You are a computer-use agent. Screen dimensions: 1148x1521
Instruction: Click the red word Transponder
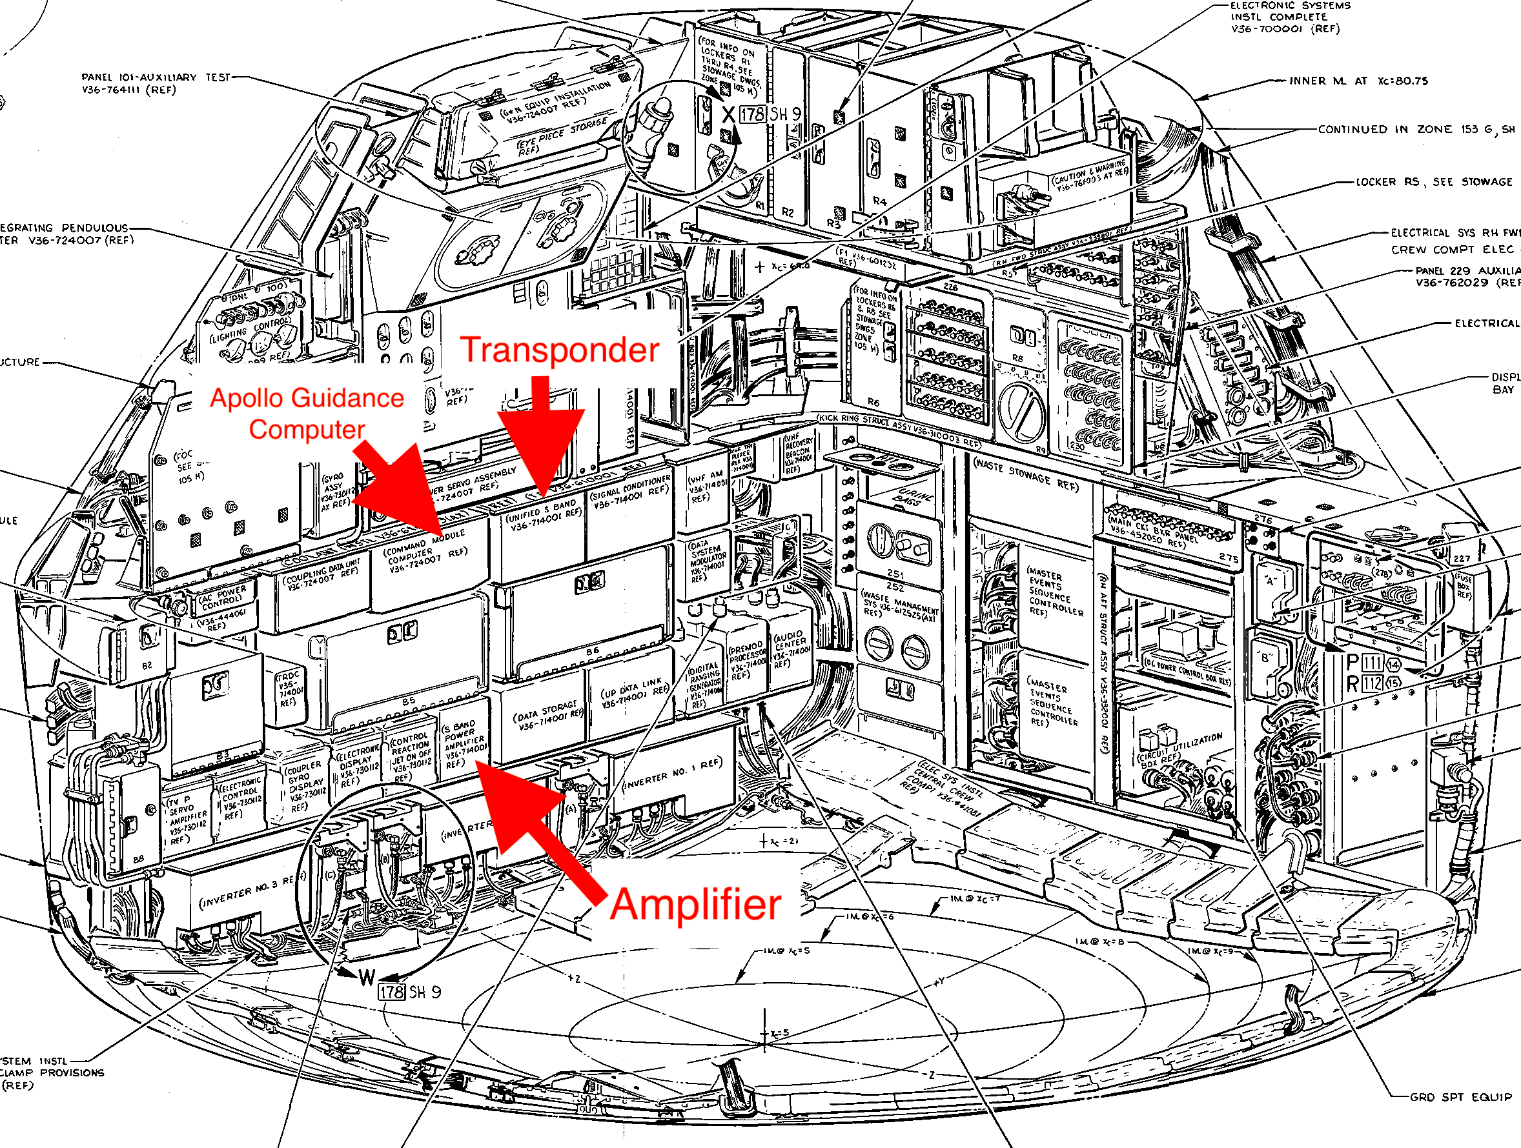(x=560, y=350)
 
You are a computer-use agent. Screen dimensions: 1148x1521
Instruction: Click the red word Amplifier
(x=695, y=905)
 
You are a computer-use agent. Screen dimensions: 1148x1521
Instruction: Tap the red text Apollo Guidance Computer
(x=307, y=413)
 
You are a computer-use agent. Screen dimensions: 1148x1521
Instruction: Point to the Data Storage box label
(x=547, y=716)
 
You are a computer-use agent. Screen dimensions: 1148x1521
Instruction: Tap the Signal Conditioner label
(x=629, y=492)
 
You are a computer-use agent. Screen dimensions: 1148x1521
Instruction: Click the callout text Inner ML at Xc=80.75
(x=1358, y=81)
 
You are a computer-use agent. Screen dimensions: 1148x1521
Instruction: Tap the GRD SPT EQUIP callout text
(x=1460, y=1097)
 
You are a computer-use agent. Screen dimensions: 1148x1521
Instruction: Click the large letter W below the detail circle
(x=367, y=978)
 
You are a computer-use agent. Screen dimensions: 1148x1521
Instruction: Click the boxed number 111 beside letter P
(x=1372, y=663)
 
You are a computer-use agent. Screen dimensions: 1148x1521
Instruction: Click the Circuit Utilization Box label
(x=1180, y=749)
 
